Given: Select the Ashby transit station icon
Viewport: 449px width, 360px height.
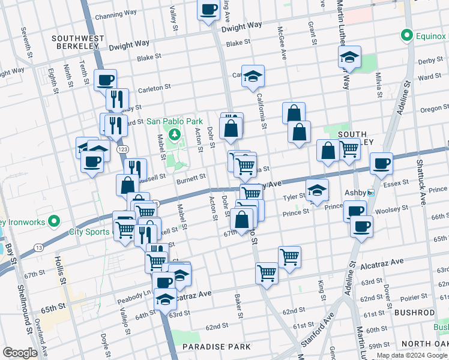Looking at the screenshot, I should (x=371, y=193).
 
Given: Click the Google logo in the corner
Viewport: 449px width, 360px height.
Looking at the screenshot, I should (x=20, y=353).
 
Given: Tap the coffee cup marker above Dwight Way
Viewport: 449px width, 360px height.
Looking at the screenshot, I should (x=208, y=10).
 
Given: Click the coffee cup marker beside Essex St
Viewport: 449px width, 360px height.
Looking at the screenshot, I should (x=381, y=163).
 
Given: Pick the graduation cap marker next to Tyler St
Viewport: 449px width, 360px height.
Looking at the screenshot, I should (x=317, y=191).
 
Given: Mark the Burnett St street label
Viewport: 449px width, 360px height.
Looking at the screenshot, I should (x=191, y=178).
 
